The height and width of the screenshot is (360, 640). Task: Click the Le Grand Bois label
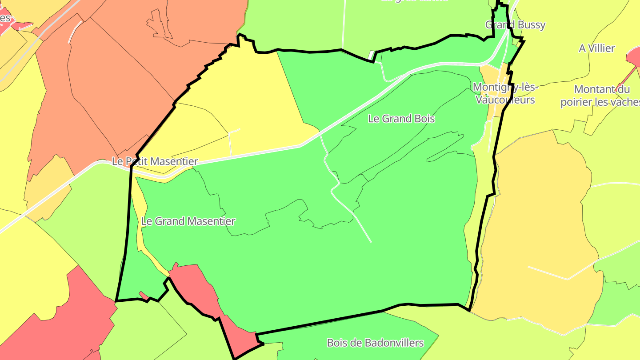pyautogui.click(x=401, y=119)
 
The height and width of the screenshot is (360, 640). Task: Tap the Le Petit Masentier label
pyautogui.click(x=155, y=161)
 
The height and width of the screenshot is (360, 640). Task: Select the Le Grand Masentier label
pyautogui.click(x=188, y=221)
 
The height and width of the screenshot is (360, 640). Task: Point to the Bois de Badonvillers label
pyautogui.click(x=375, y=343)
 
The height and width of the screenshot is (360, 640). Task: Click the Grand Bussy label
pyautogui.click(x=515, y=25)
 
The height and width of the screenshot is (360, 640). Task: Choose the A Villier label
pyautogui.click(x=596, y=48)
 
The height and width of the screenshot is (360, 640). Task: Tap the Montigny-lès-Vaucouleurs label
pyautogui.click(x=505, y=93)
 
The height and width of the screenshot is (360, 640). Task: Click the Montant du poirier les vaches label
pyautogui.click(x=600, y=96)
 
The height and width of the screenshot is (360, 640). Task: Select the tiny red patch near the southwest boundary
pyautogui.click(x=144, y=295)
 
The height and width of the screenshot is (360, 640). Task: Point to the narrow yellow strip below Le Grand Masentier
pyautogui.click(x=153, y=260)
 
